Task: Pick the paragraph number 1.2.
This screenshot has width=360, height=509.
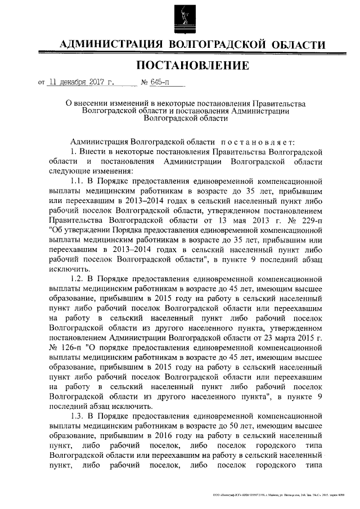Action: [77, 278]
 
